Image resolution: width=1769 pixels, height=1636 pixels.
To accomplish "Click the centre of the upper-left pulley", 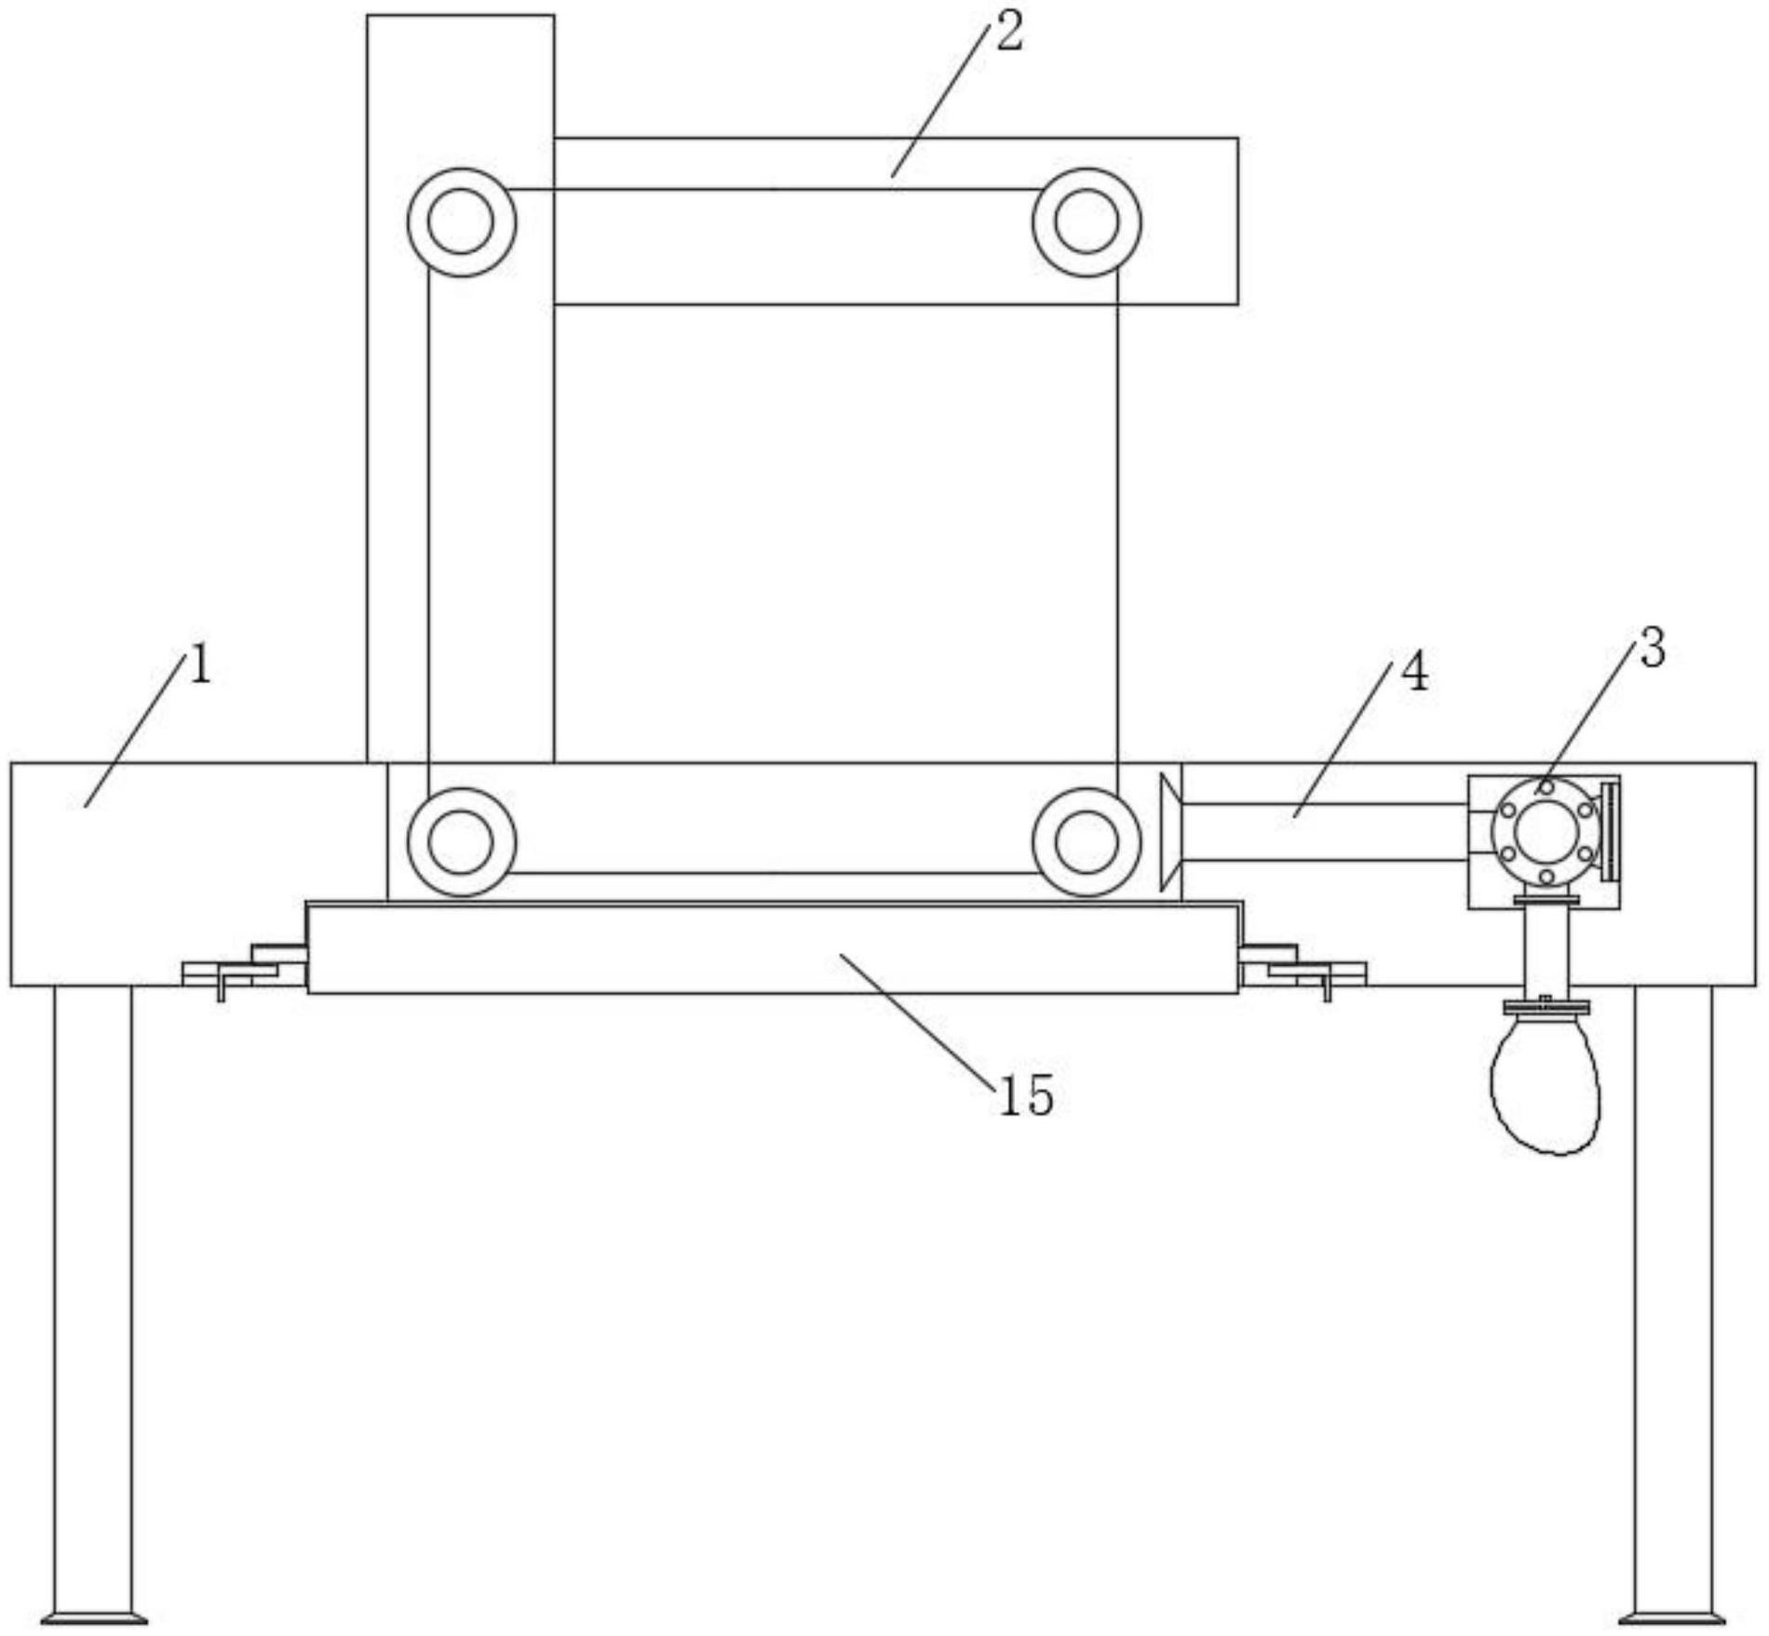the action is point(462,222).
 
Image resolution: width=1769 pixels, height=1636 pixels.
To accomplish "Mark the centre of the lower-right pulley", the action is point(1087,842).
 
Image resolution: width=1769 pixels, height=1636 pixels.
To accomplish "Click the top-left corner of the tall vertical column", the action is point(368,15).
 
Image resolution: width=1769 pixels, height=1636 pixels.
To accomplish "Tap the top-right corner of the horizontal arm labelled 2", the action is point(1237,138).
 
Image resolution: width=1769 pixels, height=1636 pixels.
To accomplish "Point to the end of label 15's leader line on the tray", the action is point(840,954).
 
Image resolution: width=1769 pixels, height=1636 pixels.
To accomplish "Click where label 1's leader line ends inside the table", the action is point(86,806).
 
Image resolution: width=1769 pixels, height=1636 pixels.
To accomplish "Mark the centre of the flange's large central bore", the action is point(1546,832).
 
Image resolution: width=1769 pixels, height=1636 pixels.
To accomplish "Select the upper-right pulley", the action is point(1087,222).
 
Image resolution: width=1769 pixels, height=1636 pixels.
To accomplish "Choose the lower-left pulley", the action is point(462,842).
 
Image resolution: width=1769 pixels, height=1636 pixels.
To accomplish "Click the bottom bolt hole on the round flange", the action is point(1546,877).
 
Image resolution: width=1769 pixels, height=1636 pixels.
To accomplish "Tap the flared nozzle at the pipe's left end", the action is point(1172,831).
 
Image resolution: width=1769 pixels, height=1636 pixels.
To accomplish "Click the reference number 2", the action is point(1008,33).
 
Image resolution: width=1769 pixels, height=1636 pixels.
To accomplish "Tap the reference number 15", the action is point(1025,1095).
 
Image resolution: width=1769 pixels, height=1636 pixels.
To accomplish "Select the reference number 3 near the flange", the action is point(1652,648).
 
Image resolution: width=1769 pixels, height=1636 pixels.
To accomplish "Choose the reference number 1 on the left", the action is point(200,665).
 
